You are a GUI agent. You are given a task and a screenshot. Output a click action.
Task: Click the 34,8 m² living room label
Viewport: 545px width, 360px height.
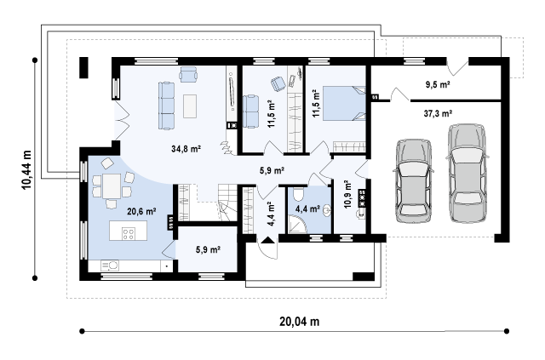coord(186,149)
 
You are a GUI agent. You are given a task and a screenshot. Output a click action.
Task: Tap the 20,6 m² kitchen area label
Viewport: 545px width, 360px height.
coord(141,211)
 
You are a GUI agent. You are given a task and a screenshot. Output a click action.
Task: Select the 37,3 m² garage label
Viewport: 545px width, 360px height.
coord(438,113)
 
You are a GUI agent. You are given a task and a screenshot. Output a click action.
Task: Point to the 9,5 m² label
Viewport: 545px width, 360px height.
coord(438,84)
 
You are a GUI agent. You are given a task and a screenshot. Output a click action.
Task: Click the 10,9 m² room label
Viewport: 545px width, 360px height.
coord(348,194)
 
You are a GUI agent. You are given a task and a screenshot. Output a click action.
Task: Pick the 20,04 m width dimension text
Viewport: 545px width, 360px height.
coord(299,322)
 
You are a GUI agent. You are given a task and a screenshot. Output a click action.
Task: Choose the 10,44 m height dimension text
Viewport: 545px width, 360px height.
coord(26,170)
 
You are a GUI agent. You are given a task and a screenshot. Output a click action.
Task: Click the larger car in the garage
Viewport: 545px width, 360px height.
coord(467,173)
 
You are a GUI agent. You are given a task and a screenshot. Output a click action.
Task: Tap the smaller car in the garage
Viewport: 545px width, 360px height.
coord(414,181)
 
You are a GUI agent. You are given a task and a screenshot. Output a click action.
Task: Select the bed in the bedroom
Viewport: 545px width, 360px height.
coord(344,103)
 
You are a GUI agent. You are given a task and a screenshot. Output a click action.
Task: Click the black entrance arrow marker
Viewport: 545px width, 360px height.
coord(267,240)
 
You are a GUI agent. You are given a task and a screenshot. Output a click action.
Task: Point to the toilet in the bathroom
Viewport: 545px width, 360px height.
coord(299,194)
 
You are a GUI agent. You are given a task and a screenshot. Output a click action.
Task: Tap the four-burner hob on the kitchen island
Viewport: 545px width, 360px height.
coord(129,233)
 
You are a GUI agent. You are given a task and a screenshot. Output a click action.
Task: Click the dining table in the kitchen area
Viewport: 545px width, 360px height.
coord(112,186)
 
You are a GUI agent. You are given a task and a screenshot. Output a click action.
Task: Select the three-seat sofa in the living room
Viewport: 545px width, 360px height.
coord(167,106)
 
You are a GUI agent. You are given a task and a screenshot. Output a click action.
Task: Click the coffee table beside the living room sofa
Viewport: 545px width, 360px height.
coord(190,106)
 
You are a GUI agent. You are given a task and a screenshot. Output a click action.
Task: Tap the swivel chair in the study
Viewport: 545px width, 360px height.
coord(278,83)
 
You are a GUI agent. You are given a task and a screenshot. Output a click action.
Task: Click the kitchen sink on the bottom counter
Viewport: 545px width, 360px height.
coord(110,266)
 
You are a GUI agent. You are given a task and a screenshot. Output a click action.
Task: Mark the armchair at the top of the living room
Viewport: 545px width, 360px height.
coord(188,74)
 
